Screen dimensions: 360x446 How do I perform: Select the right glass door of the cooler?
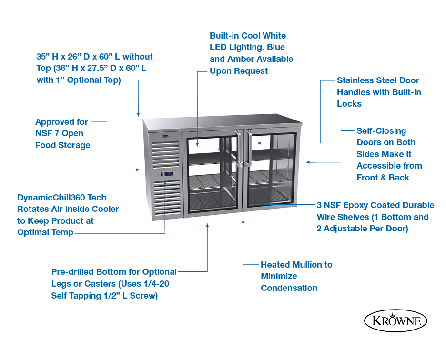click(270, 171)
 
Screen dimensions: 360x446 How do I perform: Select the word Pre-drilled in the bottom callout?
click(72, 272)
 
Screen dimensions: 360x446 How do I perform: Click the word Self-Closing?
click(381, 131)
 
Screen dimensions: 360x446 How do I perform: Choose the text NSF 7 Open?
click(60, 133)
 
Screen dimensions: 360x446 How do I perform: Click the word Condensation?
click(289, 288)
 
